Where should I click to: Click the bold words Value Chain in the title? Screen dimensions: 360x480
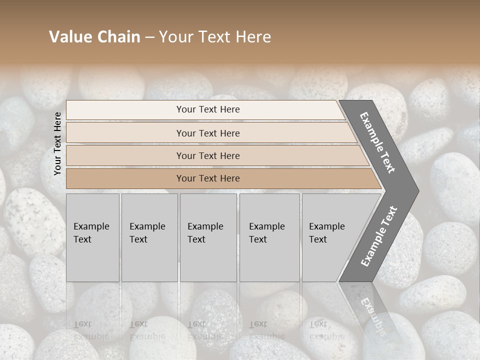point(94,37)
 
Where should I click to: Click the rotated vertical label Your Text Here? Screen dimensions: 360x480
point(57,143)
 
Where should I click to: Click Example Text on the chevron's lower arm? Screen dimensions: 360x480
point(379,236)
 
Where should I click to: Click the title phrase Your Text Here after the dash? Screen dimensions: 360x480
point(215,37)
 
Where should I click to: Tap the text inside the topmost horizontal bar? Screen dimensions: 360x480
point(208,109)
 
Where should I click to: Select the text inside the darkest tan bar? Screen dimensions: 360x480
point(208,178)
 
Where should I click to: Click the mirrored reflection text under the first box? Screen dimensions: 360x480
point(91,330)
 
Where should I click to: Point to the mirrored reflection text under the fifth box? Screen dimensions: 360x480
point(326,330)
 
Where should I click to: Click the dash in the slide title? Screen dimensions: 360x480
point(149,37)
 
